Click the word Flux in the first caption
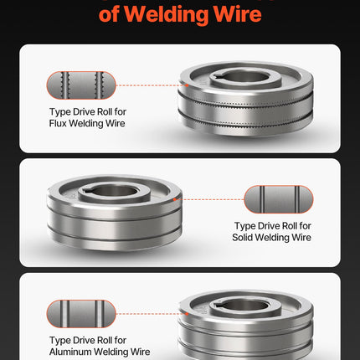click(x=58, y=123)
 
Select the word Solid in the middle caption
click(x=242, y=237)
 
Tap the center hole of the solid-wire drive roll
click(x=115, y=192)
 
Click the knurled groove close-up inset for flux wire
click(x=81, y=85)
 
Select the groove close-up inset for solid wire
click(x=279, y=199)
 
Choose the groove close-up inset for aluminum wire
click(x=81, y=314)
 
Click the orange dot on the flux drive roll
click(x=187, y=85)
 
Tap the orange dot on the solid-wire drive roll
click(x=175, y=199)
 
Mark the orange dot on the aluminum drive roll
click(x=187, y=314)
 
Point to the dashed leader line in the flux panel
click(x=151, y=85)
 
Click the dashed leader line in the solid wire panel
click(x=210, y=199)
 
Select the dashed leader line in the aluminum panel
click(x=151, y=314)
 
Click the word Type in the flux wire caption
click(x=59, y=112)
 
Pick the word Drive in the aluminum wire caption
click(x=84, y=340)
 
